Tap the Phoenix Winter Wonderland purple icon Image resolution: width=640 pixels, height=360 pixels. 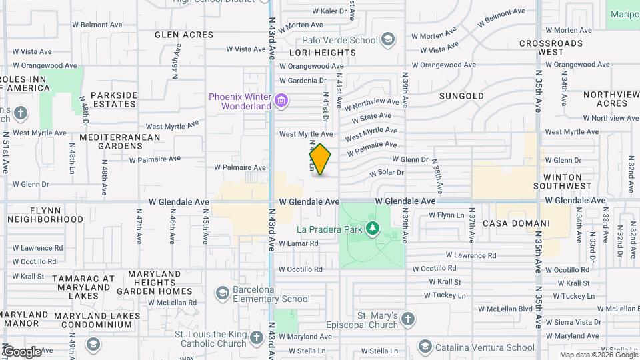pyautogui.click(x=282, y=101)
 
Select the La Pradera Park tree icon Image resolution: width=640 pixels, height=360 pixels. pyautogui.click(x=373, y=229)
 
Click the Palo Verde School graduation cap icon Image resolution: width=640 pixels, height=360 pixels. pyautogui.click(x=387, y=40)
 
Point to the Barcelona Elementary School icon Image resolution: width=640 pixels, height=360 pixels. pyautogui.click(x=222, y=293)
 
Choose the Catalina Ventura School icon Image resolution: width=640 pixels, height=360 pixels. pyautogui.click(x=425, y=347)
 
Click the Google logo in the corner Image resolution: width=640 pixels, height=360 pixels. pyautogui.click(x=22, y=351)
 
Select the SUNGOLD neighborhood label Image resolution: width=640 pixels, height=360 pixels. pyautogui.click(x=461, y=96)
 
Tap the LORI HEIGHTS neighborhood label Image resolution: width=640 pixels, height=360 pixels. pyautogui.click(x=317, y=51)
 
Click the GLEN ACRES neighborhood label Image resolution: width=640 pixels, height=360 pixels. pyautogui.click(x=184, y=34)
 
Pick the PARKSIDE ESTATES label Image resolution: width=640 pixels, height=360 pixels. pyautogui.click(x=114, y=99)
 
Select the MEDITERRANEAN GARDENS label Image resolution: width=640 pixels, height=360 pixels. pyautogui.click(x=120, y=141)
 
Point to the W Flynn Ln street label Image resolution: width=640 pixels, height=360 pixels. pyautogui.click(x=446, y=215)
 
